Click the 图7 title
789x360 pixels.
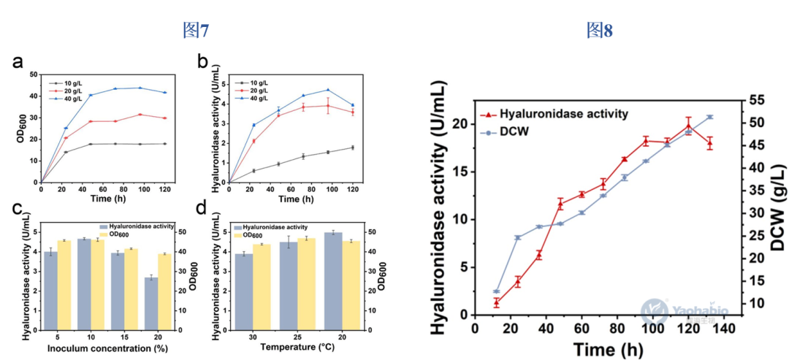pyautogui.click(x=196, y=30)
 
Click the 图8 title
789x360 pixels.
pyautogui.click(x=599, y=30)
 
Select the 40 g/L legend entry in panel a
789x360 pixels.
pyautogui.click(x=66, y=98)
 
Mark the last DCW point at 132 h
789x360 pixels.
pyautogui.click(x=709, y=117)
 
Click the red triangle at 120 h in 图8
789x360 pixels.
pyautogui.click(x=688, y=126)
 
